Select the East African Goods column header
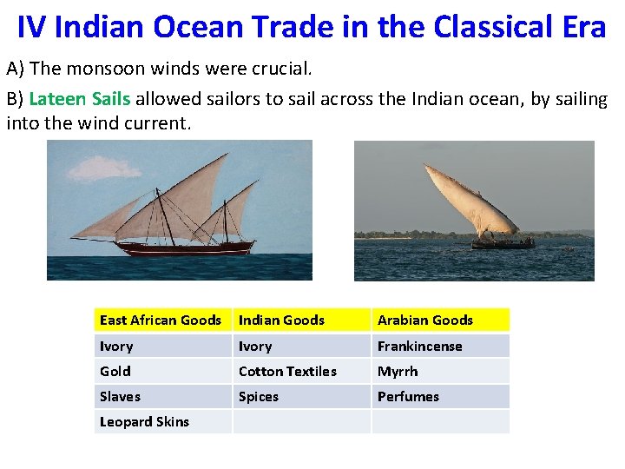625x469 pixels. point(161,320)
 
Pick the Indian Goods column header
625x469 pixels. point(281,320)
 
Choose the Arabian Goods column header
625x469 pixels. point(424,320)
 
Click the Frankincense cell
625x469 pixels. point(419,347)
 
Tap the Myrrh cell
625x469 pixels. point(398,372)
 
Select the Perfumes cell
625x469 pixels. point(408,397)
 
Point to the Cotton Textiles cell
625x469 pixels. point(287,372)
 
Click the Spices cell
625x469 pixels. point(259,397)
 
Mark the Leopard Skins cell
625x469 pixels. point(144,422)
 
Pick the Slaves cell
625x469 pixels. point(120,397)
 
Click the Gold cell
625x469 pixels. point(115,372)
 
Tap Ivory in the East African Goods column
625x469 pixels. point(116,347)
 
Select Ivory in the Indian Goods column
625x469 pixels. point(255,347)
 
